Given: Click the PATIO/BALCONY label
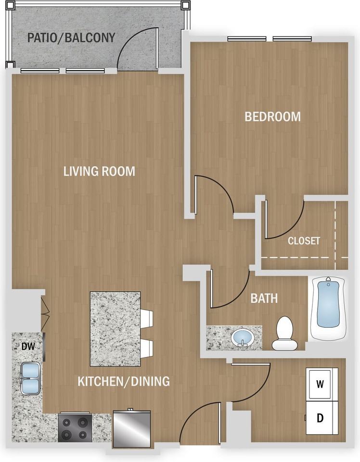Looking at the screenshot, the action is coord(71,38).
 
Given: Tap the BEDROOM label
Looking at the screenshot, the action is coord(272,116).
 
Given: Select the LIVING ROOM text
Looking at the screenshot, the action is coord(99,171).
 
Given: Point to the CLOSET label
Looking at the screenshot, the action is coord(304,241).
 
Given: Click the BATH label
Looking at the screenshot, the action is coord(264,298).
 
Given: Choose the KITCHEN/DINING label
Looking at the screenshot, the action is coord(124,381).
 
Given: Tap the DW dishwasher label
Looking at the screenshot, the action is coord(28,346).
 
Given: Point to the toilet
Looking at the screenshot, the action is coord(283,333).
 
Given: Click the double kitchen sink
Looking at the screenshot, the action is coord(30,379).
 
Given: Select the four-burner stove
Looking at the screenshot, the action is coord(75,428).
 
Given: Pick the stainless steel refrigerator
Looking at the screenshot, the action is coord(132,429).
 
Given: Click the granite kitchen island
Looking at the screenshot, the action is coord(115,329).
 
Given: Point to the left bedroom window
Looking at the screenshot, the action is coord(247,38).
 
